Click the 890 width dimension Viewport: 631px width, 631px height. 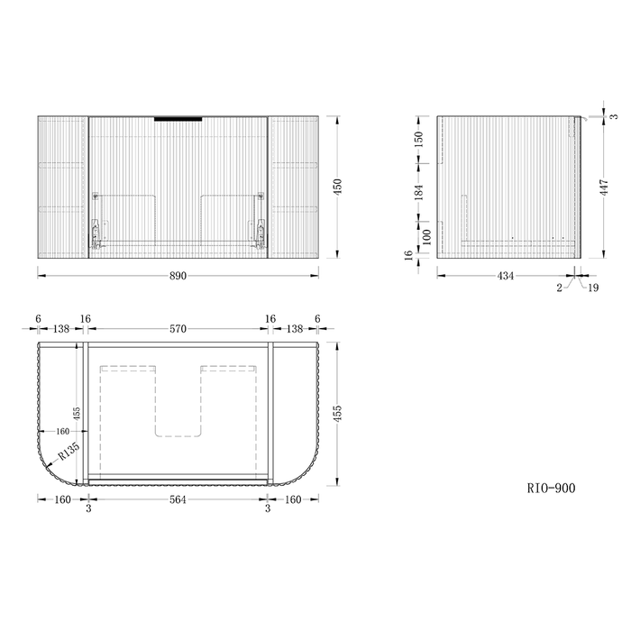178,276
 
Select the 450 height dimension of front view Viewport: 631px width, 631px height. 338,187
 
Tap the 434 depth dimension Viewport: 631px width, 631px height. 506,276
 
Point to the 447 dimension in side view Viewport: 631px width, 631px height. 604,187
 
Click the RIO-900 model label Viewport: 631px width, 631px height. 551,489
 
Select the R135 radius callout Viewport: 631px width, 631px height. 69,452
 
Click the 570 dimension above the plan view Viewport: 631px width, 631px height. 178,329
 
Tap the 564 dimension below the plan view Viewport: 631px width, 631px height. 178,499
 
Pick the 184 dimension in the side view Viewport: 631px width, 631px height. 419,192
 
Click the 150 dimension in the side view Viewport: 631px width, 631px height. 419,139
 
